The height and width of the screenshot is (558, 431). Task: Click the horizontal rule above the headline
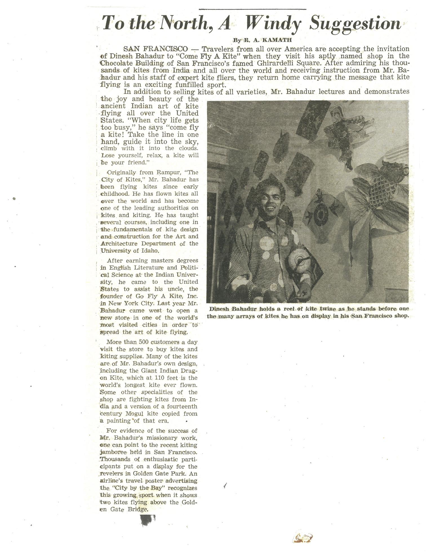[x=252, y=9]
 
